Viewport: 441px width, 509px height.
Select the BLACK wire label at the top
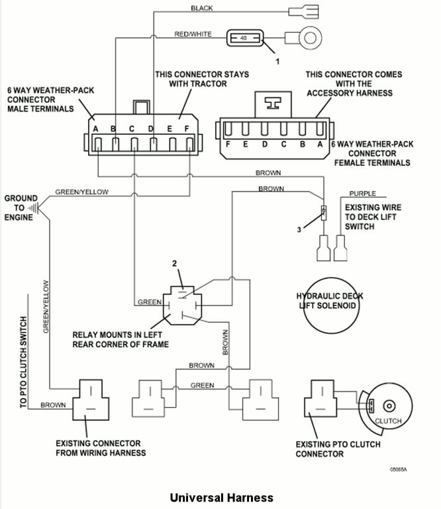pyautogui.click(x=201, y=8)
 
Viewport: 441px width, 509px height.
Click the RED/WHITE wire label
pyautogui.click(x=192, y=33)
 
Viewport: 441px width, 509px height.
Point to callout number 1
pyautogui.click(x=277, y=61)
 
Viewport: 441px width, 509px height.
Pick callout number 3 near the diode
pyautogui.click(x=299, y=229)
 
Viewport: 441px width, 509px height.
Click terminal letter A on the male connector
pyautogui.click(x=96, y=128)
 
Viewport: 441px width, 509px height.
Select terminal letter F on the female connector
pyautogui.click(x=228, y=144)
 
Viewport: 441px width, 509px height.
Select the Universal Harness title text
pyautogui.click(x=221, y=496)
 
